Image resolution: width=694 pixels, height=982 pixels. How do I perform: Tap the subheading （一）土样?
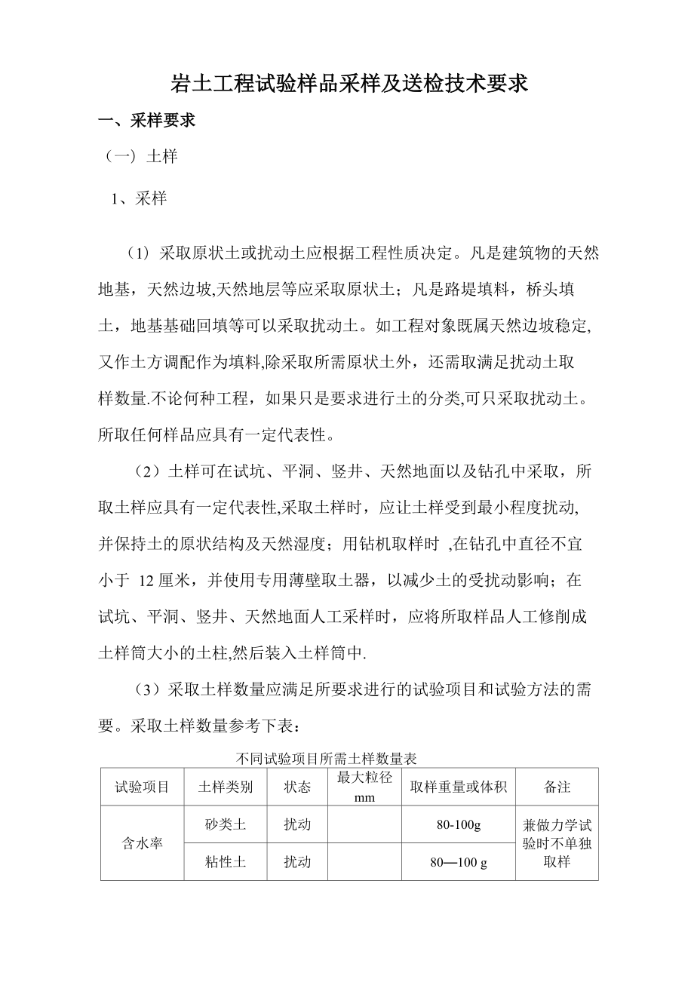[x=142, y=157]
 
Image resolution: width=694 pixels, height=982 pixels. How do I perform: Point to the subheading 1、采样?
[x=139, y=199]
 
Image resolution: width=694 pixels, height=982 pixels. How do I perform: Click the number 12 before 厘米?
[x=148, y=582]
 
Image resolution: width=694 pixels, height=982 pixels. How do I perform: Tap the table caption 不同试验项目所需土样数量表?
[x=327, y=758]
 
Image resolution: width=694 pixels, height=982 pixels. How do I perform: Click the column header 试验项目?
[x=142, y=787]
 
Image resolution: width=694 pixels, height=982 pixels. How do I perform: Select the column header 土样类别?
[x=226, y=787]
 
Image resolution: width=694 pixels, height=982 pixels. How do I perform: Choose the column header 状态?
[x=296, y=787]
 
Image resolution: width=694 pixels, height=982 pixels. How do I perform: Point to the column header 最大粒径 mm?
[x=364, y=787]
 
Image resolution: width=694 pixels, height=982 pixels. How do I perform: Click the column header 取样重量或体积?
[x=459, y=787]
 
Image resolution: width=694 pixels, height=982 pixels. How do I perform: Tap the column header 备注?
[x=557, y=787]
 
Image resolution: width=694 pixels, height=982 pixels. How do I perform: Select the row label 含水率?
[x=142, y=843]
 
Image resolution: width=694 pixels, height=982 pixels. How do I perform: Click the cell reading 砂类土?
[x=226, y=824]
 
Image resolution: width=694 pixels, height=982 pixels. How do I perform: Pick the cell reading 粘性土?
[x=226, y=861]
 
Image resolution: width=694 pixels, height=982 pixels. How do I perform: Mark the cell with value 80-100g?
[x=459, y=824]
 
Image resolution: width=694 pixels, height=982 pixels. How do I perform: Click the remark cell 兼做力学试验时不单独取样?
[x=557, y=843]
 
